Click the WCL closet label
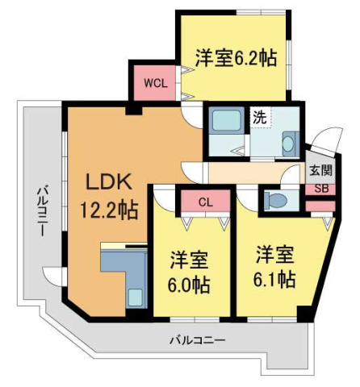pos(156,83)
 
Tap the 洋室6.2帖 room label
pos(236,58)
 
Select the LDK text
pos(108,181)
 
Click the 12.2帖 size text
pos(109,210)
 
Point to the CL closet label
pos(206,202)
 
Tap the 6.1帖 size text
pos(274,280)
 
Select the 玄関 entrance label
pos(320,170)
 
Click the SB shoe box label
pos(321,189)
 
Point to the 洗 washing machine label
pos(260,117)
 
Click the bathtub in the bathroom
pos(226,120)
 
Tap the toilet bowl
pos(275,200)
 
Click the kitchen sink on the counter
pos(136,298)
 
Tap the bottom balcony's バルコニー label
pos(198,341)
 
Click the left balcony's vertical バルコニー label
pos(43,211)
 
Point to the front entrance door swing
pos(327,142)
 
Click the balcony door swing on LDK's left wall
pos(52,277)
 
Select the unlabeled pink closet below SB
pos(320,206)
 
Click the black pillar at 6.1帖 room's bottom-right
pos(305,314)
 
